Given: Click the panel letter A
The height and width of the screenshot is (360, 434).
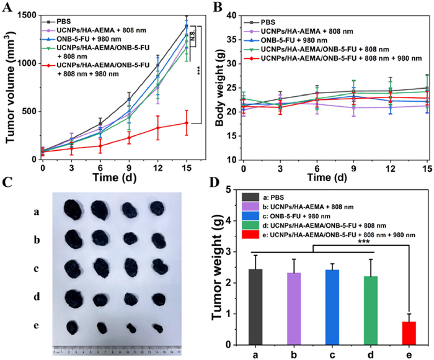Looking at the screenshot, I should coord(7,8).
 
